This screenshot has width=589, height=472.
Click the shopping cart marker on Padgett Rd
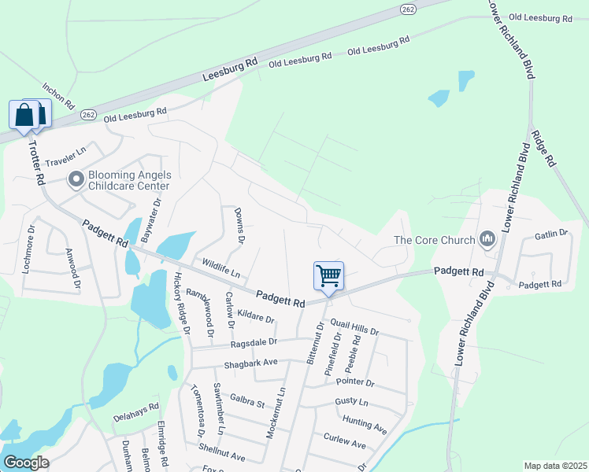tap(328, 276)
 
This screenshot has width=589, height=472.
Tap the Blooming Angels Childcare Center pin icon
tap(76, 180)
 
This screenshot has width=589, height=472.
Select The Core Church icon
tap(487, 239)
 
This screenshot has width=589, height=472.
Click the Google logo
tap(26, 463)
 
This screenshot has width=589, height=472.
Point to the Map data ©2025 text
tap(555, 466)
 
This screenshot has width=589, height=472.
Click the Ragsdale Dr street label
tap(254, 342)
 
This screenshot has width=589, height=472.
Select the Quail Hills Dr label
tap(354, 323)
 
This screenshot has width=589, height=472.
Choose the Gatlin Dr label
tap(551, 234)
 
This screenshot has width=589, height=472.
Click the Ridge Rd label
tap(544, 148)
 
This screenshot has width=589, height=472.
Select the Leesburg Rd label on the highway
tap(231, 69)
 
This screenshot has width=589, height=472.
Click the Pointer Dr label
tap(354, 382)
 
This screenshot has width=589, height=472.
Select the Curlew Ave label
tap(345, 444)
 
